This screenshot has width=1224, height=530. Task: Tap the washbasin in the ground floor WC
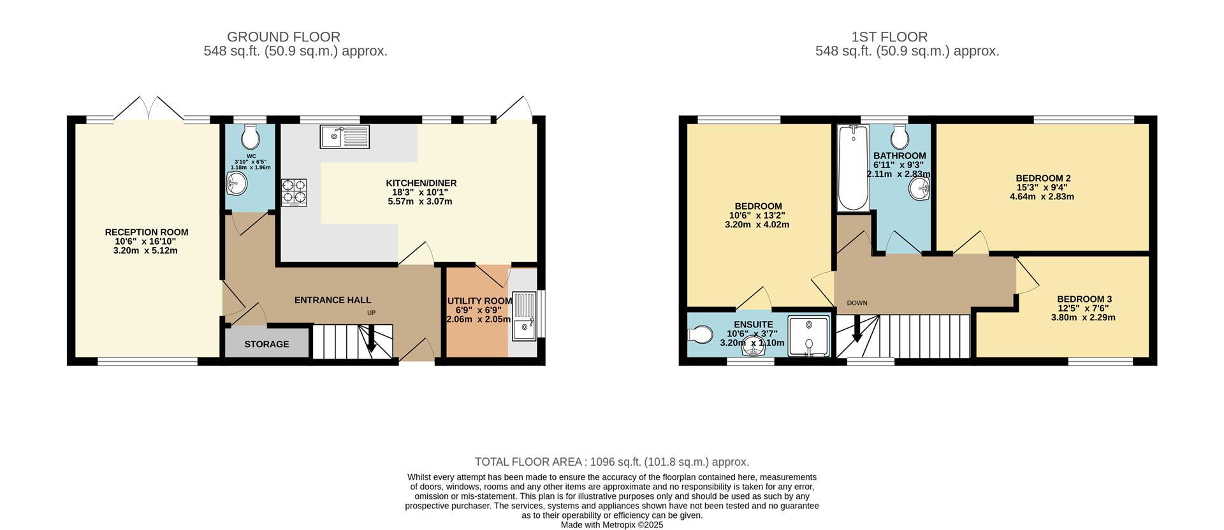point(237,184)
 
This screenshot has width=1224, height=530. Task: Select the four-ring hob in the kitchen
point(294,192)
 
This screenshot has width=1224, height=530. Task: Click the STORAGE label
point(266,344)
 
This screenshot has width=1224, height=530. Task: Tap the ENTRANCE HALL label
point(332,300)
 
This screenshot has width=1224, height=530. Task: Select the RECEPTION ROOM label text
point(147,233)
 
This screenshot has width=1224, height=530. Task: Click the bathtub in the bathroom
point(852,168)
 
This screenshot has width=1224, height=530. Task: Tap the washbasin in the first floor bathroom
point(919,189)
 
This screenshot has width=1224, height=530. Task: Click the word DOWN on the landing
point(857,303)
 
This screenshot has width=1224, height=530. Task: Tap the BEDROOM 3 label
point(1084,299)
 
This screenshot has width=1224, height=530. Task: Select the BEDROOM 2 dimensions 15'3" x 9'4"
point(1042,188)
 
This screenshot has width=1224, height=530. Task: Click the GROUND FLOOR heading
point(284,37)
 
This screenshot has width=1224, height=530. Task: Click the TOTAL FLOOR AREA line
point(612,462)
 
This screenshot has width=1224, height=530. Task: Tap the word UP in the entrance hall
point(371,313)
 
